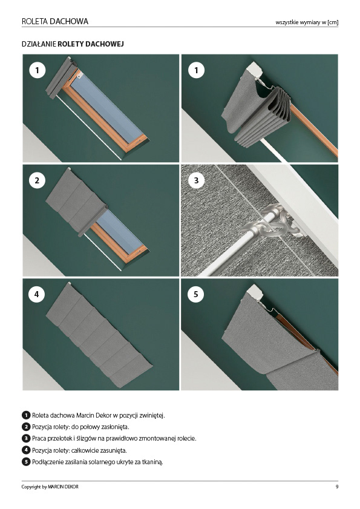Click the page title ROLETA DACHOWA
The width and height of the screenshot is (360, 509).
click(x=55, y=21)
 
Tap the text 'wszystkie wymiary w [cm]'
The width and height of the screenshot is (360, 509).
click(x=307, y=22)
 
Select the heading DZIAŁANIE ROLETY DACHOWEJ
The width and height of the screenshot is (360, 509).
click(x=73, y=44)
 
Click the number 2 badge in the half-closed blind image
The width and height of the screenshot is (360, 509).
click(x=37, y=180)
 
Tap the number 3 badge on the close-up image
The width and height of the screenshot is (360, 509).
click(x=196, y=180)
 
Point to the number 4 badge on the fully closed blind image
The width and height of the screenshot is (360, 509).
click(x=37, y=294)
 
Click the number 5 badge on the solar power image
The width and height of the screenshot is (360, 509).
click(x=196, y=294)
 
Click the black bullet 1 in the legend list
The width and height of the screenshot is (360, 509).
click(x=26, y=415)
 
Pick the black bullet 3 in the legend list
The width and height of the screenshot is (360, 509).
click(x=26, y=439)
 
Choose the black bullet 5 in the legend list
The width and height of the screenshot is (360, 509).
click(x=26, y=462)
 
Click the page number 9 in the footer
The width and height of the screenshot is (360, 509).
click(x=337, y=487)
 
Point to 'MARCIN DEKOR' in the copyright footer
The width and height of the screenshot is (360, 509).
click(x=63, y=487)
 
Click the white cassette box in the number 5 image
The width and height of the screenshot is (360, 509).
click(x=255, y=293)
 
